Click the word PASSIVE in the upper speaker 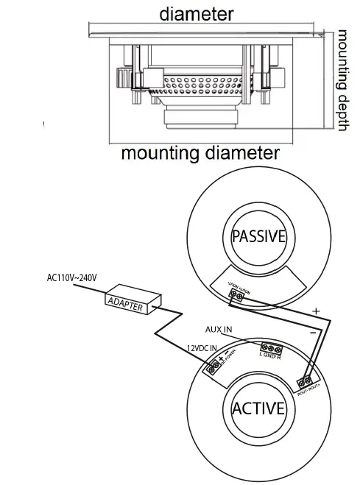(x=258, y=236)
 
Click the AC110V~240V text (x=72, y=277)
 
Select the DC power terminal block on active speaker (x=216, y=366)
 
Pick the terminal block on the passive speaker (x=237, y=296)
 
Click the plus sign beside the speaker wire (x=317, y=311)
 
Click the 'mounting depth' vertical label (x=342, y=81)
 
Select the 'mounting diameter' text (x=200, y=153)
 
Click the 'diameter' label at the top (x=197, y=13)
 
